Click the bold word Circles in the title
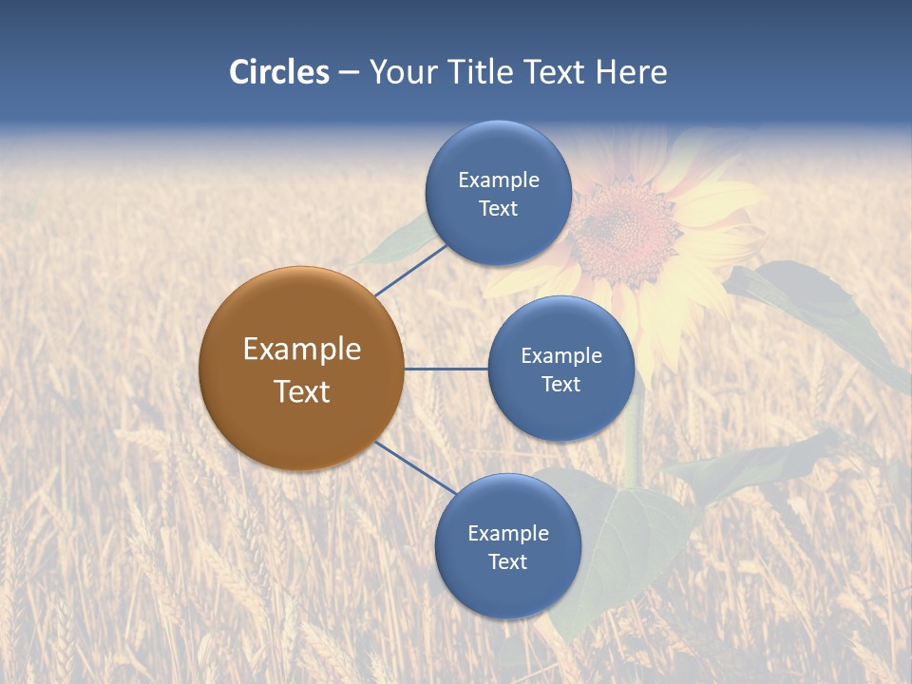[x=279, y=72]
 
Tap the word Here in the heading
[x=631, y=72]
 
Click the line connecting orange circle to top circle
[x=410, y=270]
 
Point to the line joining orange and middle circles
[x=446, y=369]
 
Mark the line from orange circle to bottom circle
[x=415, y=466]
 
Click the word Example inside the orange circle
[x=301, y=349]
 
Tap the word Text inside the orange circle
[x=301, y=391]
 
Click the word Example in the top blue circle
[x=498, y=180]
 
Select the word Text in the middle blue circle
[x=560, y=384]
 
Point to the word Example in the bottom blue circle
[x=507, y=533]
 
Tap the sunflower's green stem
[x=633, y=427]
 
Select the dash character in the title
[x=349, y=73]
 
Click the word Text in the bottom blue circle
[x=507, y=561]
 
